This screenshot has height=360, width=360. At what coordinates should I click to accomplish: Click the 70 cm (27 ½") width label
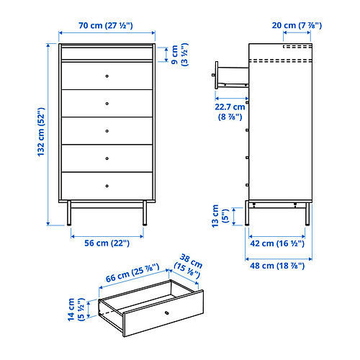106,25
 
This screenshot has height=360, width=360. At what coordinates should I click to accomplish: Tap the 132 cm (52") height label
41,132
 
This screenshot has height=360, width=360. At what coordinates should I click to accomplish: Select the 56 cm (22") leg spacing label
107,243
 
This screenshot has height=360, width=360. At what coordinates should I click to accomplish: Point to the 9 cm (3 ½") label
180,55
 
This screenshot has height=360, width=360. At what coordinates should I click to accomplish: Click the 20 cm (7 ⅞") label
297,25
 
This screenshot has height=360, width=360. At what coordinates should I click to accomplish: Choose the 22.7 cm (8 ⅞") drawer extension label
230,112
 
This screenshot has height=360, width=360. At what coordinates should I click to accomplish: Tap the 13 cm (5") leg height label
220,216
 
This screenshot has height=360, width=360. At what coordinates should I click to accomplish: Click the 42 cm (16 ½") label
277,243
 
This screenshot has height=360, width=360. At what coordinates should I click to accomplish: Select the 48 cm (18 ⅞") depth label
277,266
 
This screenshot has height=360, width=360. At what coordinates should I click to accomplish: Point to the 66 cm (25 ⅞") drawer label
132,273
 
